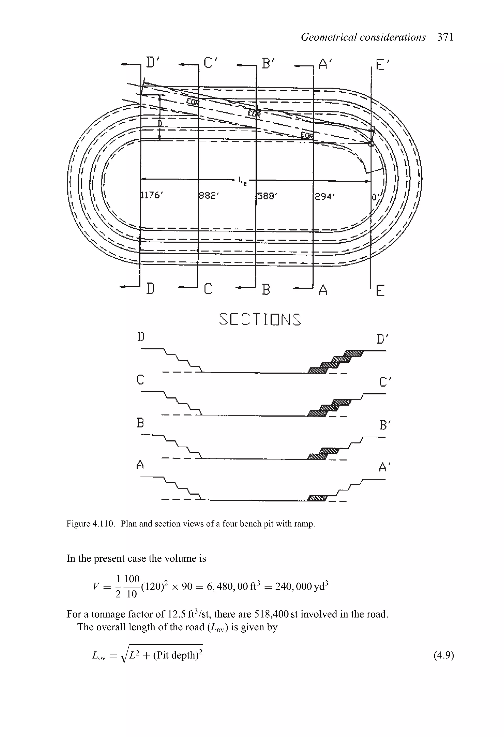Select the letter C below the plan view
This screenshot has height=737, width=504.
208,289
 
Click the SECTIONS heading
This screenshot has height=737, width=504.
260,320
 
